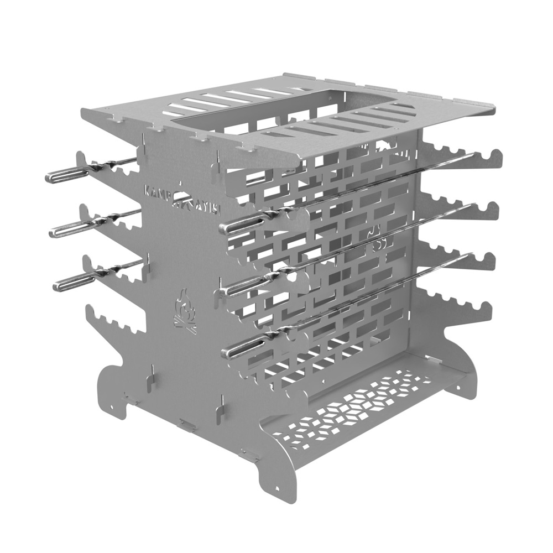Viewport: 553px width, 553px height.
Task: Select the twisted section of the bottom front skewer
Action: click(x=279, y=332)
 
